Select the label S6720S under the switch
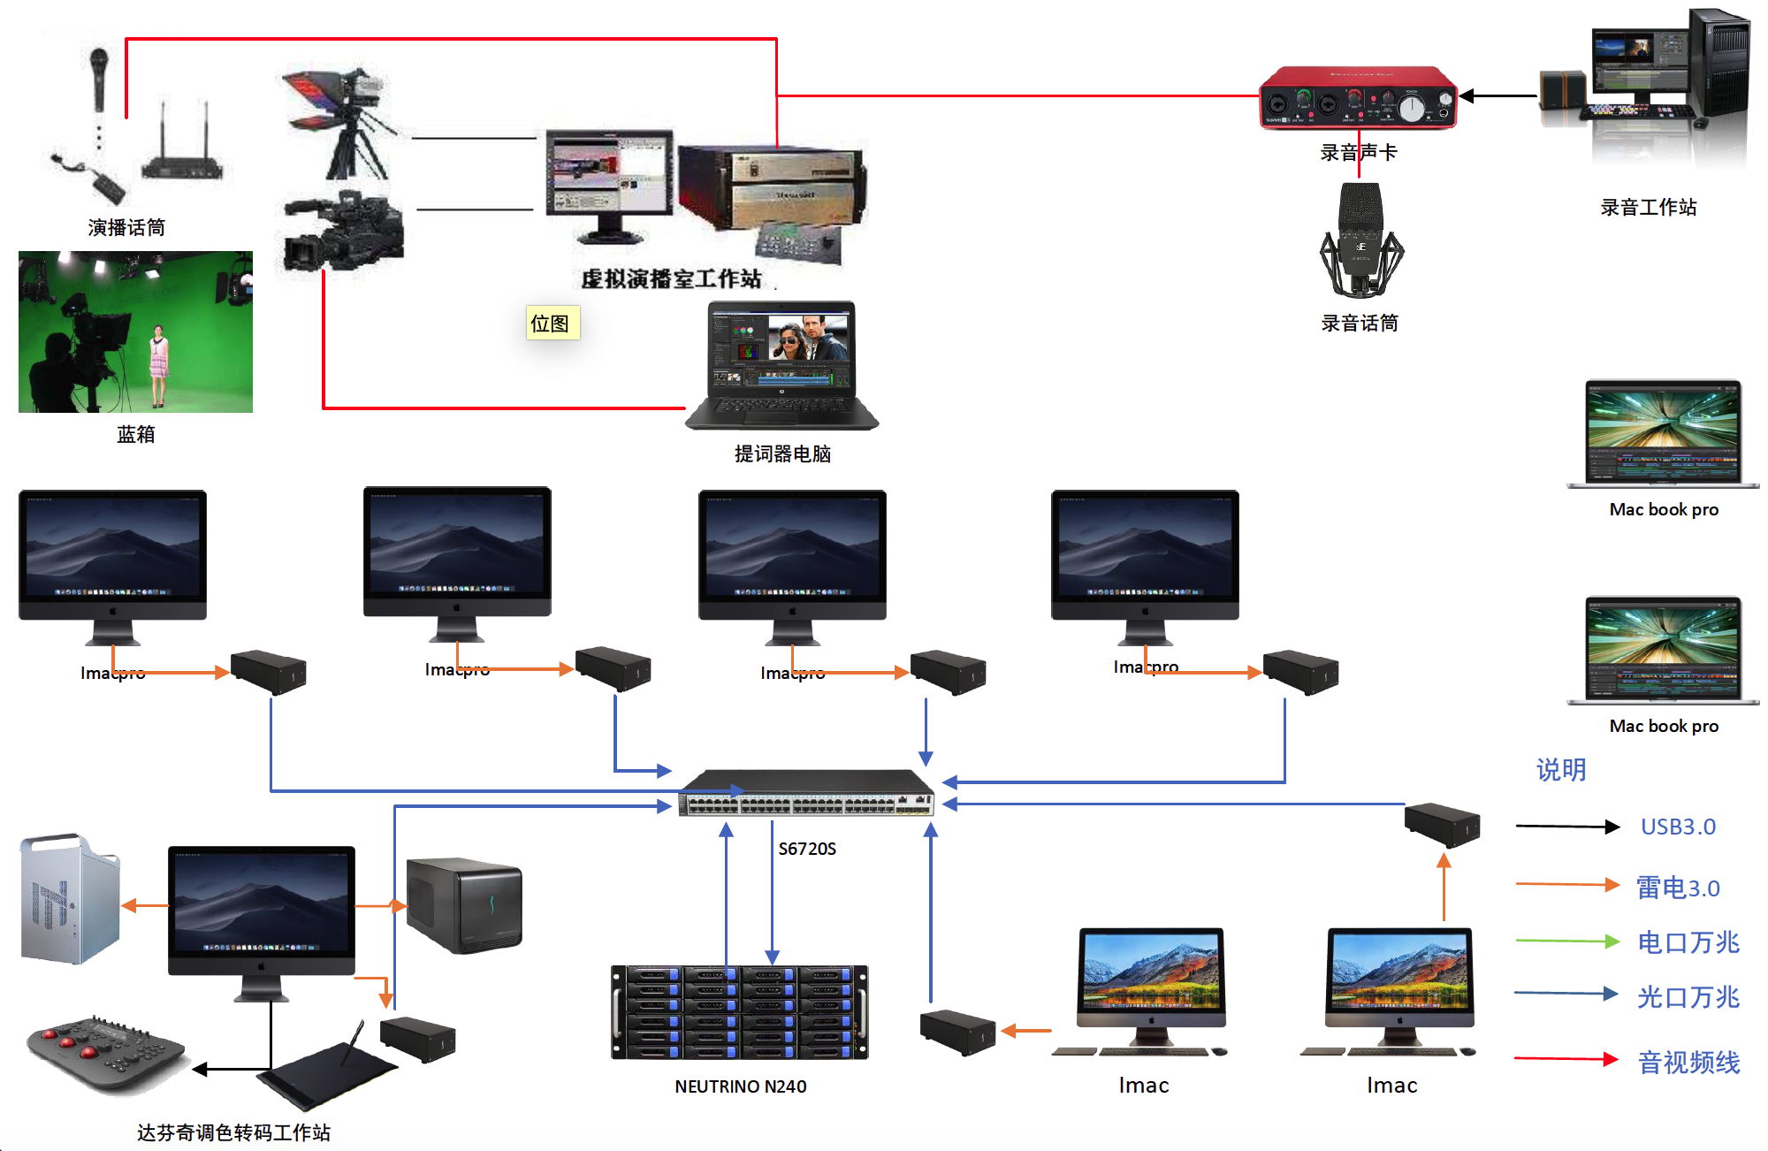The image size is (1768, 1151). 806,849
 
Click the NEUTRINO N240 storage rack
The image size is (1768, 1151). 740,1012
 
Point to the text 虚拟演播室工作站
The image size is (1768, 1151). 671,279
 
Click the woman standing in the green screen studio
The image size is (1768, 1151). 159,364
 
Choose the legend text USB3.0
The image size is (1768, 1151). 1678,827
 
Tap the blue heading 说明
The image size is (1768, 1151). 1561,770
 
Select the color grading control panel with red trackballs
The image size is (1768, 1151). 104,1052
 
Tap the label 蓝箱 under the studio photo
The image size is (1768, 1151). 136,434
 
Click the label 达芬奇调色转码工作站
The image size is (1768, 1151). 233,1132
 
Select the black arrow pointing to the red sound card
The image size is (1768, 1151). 1497,95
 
